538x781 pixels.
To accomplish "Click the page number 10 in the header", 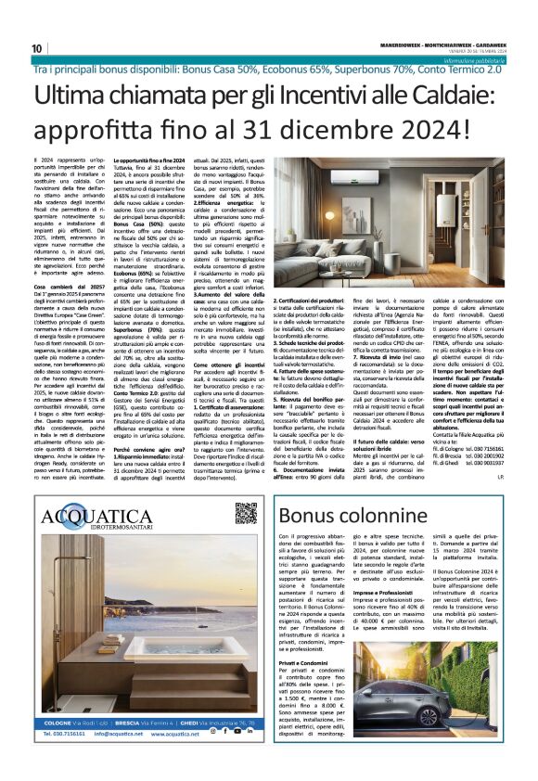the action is coord(37,48).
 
